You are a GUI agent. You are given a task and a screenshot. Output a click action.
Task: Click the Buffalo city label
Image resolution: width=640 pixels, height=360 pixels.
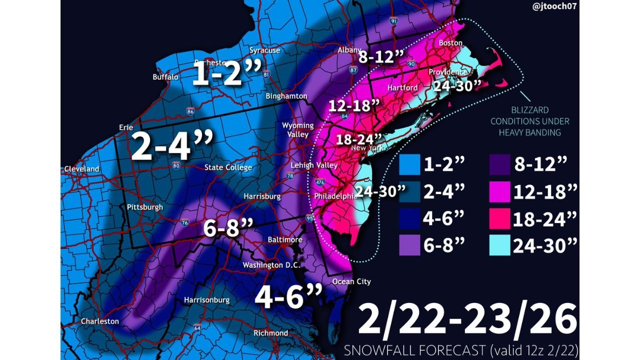165,77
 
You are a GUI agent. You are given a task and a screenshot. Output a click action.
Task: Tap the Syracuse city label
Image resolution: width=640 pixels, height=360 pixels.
265,50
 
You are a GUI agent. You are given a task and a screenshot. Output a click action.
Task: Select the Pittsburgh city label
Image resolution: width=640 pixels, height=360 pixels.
145,207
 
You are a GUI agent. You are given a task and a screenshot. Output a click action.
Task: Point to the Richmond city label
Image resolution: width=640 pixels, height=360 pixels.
270,333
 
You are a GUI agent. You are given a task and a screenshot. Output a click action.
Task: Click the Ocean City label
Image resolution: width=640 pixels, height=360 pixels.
352,281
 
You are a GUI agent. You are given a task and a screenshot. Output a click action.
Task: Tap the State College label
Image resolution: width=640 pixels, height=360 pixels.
228,167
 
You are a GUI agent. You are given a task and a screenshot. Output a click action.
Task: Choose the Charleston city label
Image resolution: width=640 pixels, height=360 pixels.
100,321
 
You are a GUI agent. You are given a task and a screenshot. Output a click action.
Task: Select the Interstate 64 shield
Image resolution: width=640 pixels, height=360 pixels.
197,328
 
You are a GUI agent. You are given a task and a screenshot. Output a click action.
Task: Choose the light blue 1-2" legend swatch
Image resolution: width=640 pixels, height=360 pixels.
409,164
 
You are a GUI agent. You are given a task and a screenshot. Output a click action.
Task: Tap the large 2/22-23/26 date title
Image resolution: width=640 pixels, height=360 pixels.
467,320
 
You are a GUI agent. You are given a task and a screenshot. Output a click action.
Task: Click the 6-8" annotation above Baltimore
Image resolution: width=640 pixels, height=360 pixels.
228,228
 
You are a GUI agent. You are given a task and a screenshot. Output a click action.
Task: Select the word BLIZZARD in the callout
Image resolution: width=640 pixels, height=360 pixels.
530,110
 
